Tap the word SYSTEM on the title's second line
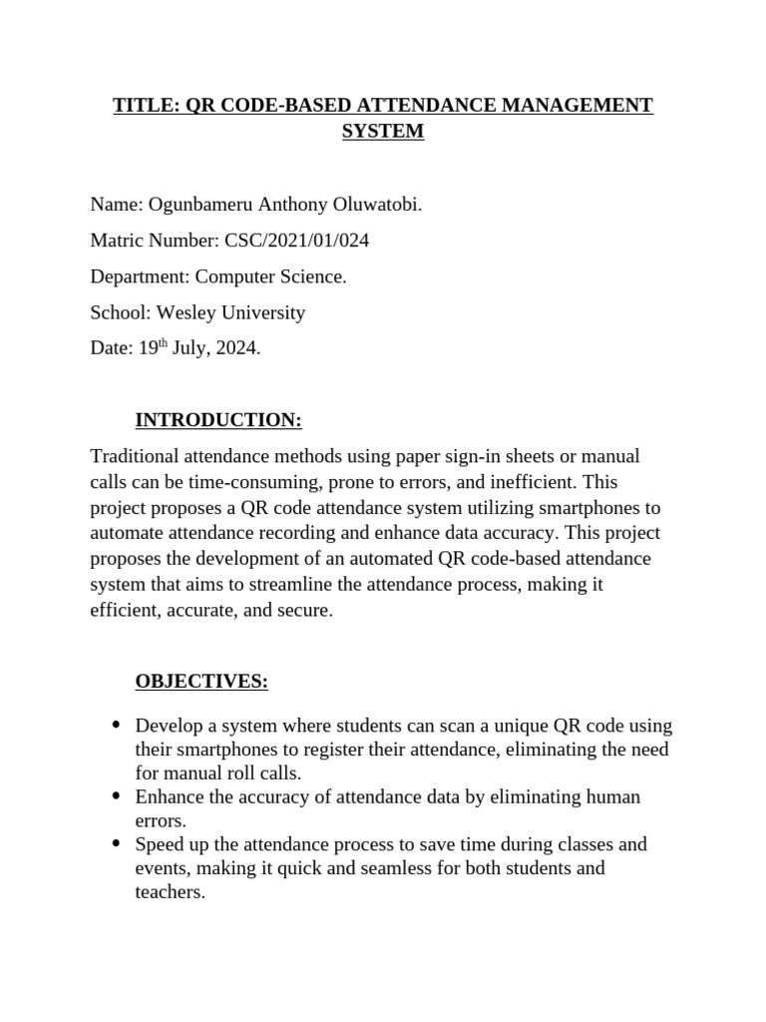pyautogui.click(x=383, y=131)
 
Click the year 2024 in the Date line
pyautogui.click(x=236, y=348)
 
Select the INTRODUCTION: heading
pyautogui.click(x=218, y=420)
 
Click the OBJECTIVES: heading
pyautogui.click(x=201, y=682)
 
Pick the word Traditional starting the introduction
pyautogui.click(x=136, y=456)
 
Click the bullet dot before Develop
pyautogui.click(x=116, y=725)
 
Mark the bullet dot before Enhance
pyautogui.click(x=116, y=796)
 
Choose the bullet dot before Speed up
pyautogui.click(x=116, y=844)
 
